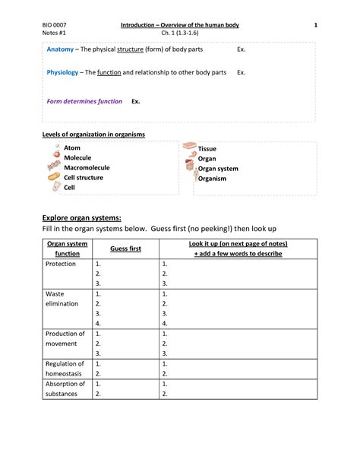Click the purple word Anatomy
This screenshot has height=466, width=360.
62,49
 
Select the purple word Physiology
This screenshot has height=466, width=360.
64,72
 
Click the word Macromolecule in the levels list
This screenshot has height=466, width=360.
87,167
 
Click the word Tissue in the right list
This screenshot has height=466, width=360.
207,149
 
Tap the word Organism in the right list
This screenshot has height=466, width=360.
213,179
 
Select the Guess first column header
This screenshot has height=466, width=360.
125,249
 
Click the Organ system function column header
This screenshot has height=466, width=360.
67,249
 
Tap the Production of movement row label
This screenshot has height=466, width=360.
65,338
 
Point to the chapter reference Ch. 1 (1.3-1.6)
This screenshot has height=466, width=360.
180,33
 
